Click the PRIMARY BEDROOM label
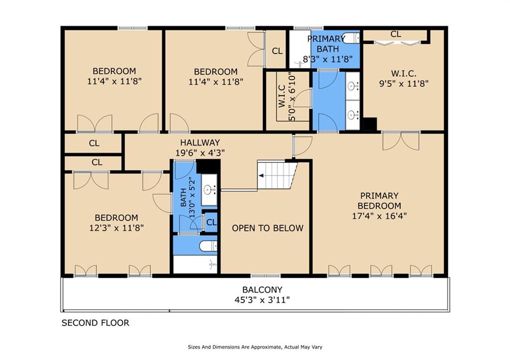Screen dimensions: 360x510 [x=379, y=201]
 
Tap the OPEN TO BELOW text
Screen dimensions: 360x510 [x=267, y=228]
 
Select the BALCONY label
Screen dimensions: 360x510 [x=262, y=289]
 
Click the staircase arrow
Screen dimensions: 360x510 [x=260, y=176]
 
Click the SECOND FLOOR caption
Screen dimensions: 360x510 [x=95, y=323]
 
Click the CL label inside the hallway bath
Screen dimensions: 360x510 [x=211, y=222]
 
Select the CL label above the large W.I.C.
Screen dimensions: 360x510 [x=395, y=34]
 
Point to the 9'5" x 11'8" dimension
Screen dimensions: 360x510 [x=403, y=84]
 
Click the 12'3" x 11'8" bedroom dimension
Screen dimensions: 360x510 [x=116, y=228]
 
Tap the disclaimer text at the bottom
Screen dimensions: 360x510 [x=256, y=347]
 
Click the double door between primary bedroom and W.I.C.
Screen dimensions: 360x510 [x=400, y=140]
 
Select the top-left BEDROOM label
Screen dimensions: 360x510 [x=114, y=71]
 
